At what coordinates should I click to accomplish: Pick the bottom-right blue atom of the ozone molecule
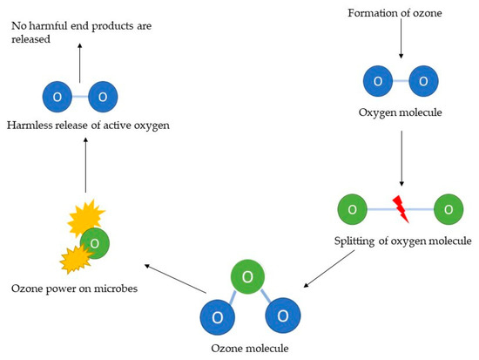279,316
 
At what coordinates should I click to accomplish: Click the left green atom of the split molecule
352,210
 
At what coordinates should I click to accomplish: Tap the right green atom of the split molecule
449,210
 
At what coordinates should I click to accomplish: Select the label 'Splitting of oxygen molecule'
403,241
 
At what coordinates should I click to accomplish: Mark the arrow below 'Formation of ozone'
400,39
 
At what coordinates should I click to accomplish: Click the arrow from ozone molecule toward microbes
175,277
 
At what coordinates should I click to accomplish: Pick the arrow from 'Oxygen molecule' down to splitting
400,159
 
